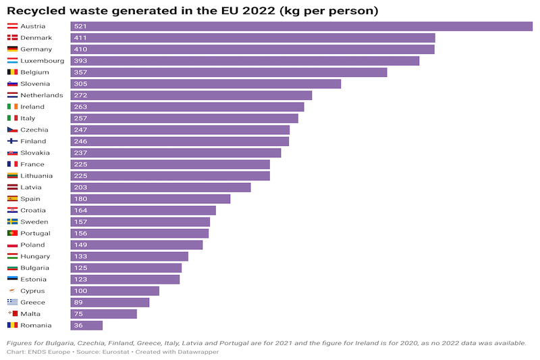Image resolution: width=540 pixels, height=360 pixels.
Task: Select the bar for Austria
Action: (x=301, y=26)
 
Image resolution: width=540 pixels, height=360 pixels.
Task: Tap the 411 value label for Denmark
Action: (x=81, y=38)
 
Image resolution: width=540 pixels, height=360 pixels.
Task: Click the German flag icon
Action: (x=12, y=49)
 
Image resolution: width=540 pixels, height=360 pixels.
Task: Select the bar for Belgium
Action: (x=228, y=72)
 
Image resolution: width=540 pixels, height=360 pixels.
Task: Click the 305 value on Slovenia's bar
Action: (x=81, y=84)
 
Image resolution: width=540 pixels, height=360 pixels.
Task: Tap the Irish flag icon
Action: (x=12, y=107)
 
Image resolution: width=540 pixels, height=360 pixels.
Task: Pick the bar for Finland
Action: (x=180, y=141)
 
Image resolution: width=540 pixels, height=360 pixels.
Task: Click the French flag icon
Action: (x=12, y=164)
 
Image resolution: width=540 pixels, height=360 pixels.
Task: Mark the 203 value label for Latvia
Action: (x=81, y=187)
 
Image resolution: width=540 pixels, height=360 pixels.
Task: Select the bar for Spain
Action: (x=150, y=199)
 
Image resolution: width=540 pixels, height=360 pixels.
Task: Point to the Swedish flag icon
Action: (x=12, y=222)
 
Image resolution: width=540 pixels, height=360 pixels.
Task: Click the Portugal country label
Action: (x=35, y=233)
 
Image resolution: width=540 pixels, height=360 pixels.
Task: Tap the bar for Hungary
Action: (x=129, y=257)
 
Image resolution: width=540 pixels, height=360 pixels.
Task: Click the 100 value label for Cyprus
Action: (x=81, y=291)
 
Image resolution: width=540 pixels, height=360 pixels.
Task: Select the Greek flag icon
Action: (x=12, y=303)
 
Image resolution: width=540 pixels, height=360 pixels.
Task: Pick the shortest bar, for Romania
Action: (x=86, y=326)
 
